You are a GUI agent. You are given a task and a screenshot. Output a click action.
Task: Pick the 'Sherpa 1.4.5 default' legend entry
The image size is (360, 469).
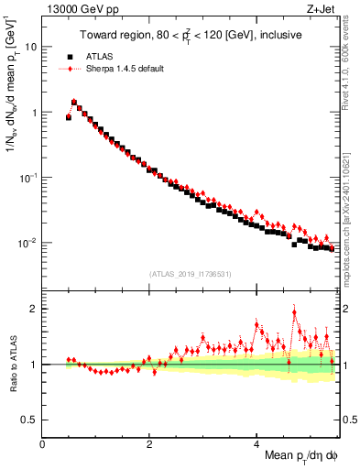tap(123, 69)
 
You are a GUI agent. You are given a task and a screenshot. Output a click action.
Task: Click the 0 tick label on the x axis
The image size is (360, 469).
tap(43, 443)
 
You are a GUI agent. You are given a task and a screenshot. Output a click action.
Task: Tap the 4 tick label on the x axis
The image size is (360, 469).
tap(257, 443)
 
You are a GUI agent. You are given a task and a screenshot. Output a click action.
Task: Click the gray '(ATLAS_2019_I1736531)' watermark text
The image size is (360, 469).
tap(191, 274)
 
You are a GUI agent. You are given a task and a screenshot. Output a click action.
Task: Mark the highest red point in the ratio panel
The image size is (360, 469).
tap(295, 311)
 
